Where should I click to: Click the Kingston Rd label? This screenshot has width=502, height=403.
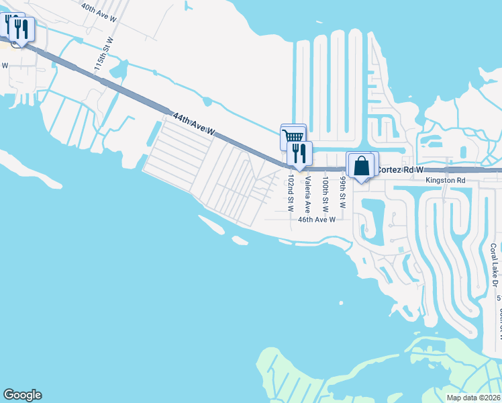(445, 181)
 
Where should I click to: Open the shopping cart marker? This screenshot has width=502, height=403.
(293, 136)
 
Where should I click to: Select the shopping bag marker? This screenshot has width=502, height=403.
(361, 165)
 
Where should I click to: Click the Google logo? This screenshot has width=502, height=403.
(22, 395)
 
